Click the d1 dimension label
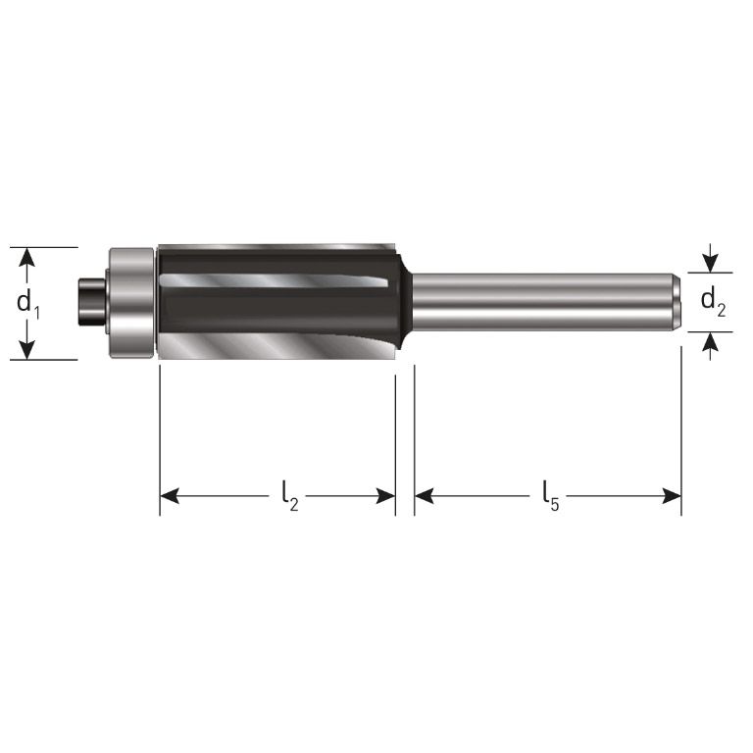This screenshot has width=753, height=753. [x=29, y=303]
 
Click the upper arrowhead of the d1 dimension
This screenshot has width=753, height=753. [x=28, y=257]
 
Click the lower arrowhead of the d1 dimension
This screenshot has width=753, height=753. [x=28, y=349]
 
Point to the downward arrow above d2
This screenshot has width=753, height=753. [x=711, y=262]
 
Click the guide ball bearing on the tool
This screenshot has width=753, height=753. [x=131, y=303]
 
